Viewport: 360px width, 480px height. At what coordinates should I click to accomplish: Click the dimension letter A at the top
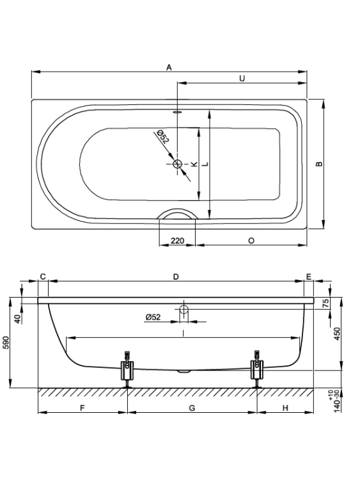pos(169,67)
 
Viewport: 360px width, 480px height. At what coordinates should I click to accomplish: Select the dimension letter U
pos(242,78)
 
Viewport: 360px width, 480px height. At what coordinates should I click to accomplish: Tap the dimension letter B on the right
pos(319,164)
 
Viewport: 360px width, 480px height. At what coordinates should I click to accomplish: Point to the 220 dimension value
pos(177,241)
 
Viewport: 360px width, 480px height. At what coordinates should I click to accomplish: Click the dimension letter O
pos(251,241)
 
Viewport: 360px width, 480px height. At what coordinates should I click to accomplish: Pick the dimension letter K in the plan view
pos(194,164)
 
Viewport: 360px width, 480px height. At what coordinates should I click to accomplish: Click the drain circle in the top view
pos(177,164)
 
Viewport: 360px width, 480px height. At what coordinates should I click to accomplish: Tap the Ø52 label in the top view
pos(162,136)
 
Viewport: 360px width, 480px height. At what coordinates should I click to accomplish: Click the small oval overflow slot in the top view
pos(177,112)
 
